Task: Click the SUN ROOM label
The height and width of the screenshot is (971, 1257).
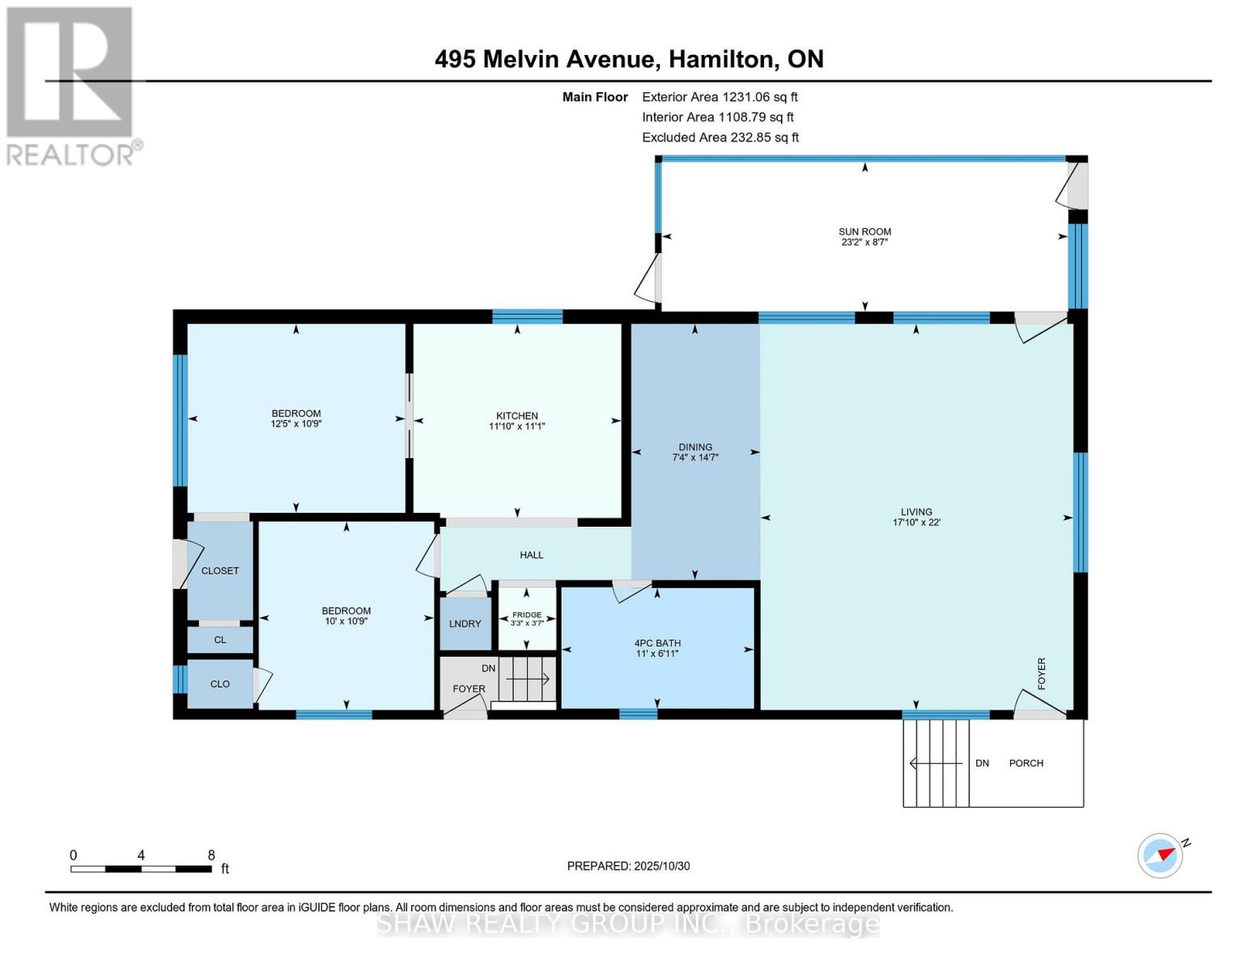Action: pos(864,231)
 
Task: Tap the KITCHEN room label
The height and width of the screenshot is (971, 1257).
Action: pos(516,415)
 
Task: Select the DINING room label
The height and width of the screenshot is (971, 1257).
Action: pos(694,447)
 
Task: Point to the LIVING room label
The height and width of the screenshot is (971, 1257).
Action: pos(915,511)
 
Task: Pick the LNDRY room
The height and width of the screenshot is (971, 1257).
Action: pos(465,623)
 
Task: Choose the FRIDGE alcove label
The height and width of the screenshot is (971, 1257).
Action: pos(526,614)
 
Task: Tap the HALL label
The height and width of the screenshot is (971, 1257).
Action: pos(531,554)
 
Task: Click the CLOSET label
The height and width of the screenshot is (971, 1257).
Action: pos(220,570)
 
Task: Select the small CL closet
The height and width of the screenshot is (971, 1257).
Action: pos(220,639)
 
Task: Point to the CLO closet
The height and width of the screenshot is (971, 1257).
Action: pos(220,684)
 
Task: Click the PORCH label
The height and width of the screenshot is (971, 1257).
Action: pos(1026,763)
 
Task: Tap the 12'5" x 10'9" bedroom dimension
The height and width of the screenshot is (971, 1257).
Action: pos(295,423)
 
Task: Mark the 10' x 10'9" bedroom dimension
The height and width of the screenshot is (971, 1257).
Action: pos(346,621)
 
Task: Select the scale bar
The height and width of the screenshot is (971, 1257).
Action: pos(141,868)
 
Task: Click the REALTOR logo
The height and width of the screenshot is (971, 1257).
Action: pos(72,87)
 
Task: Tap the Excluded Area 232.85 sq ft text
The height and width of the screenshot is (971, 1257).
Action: pos(720,137)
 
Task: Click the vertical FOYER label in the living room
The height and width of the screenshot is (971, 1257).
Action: pos(1042,673)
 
